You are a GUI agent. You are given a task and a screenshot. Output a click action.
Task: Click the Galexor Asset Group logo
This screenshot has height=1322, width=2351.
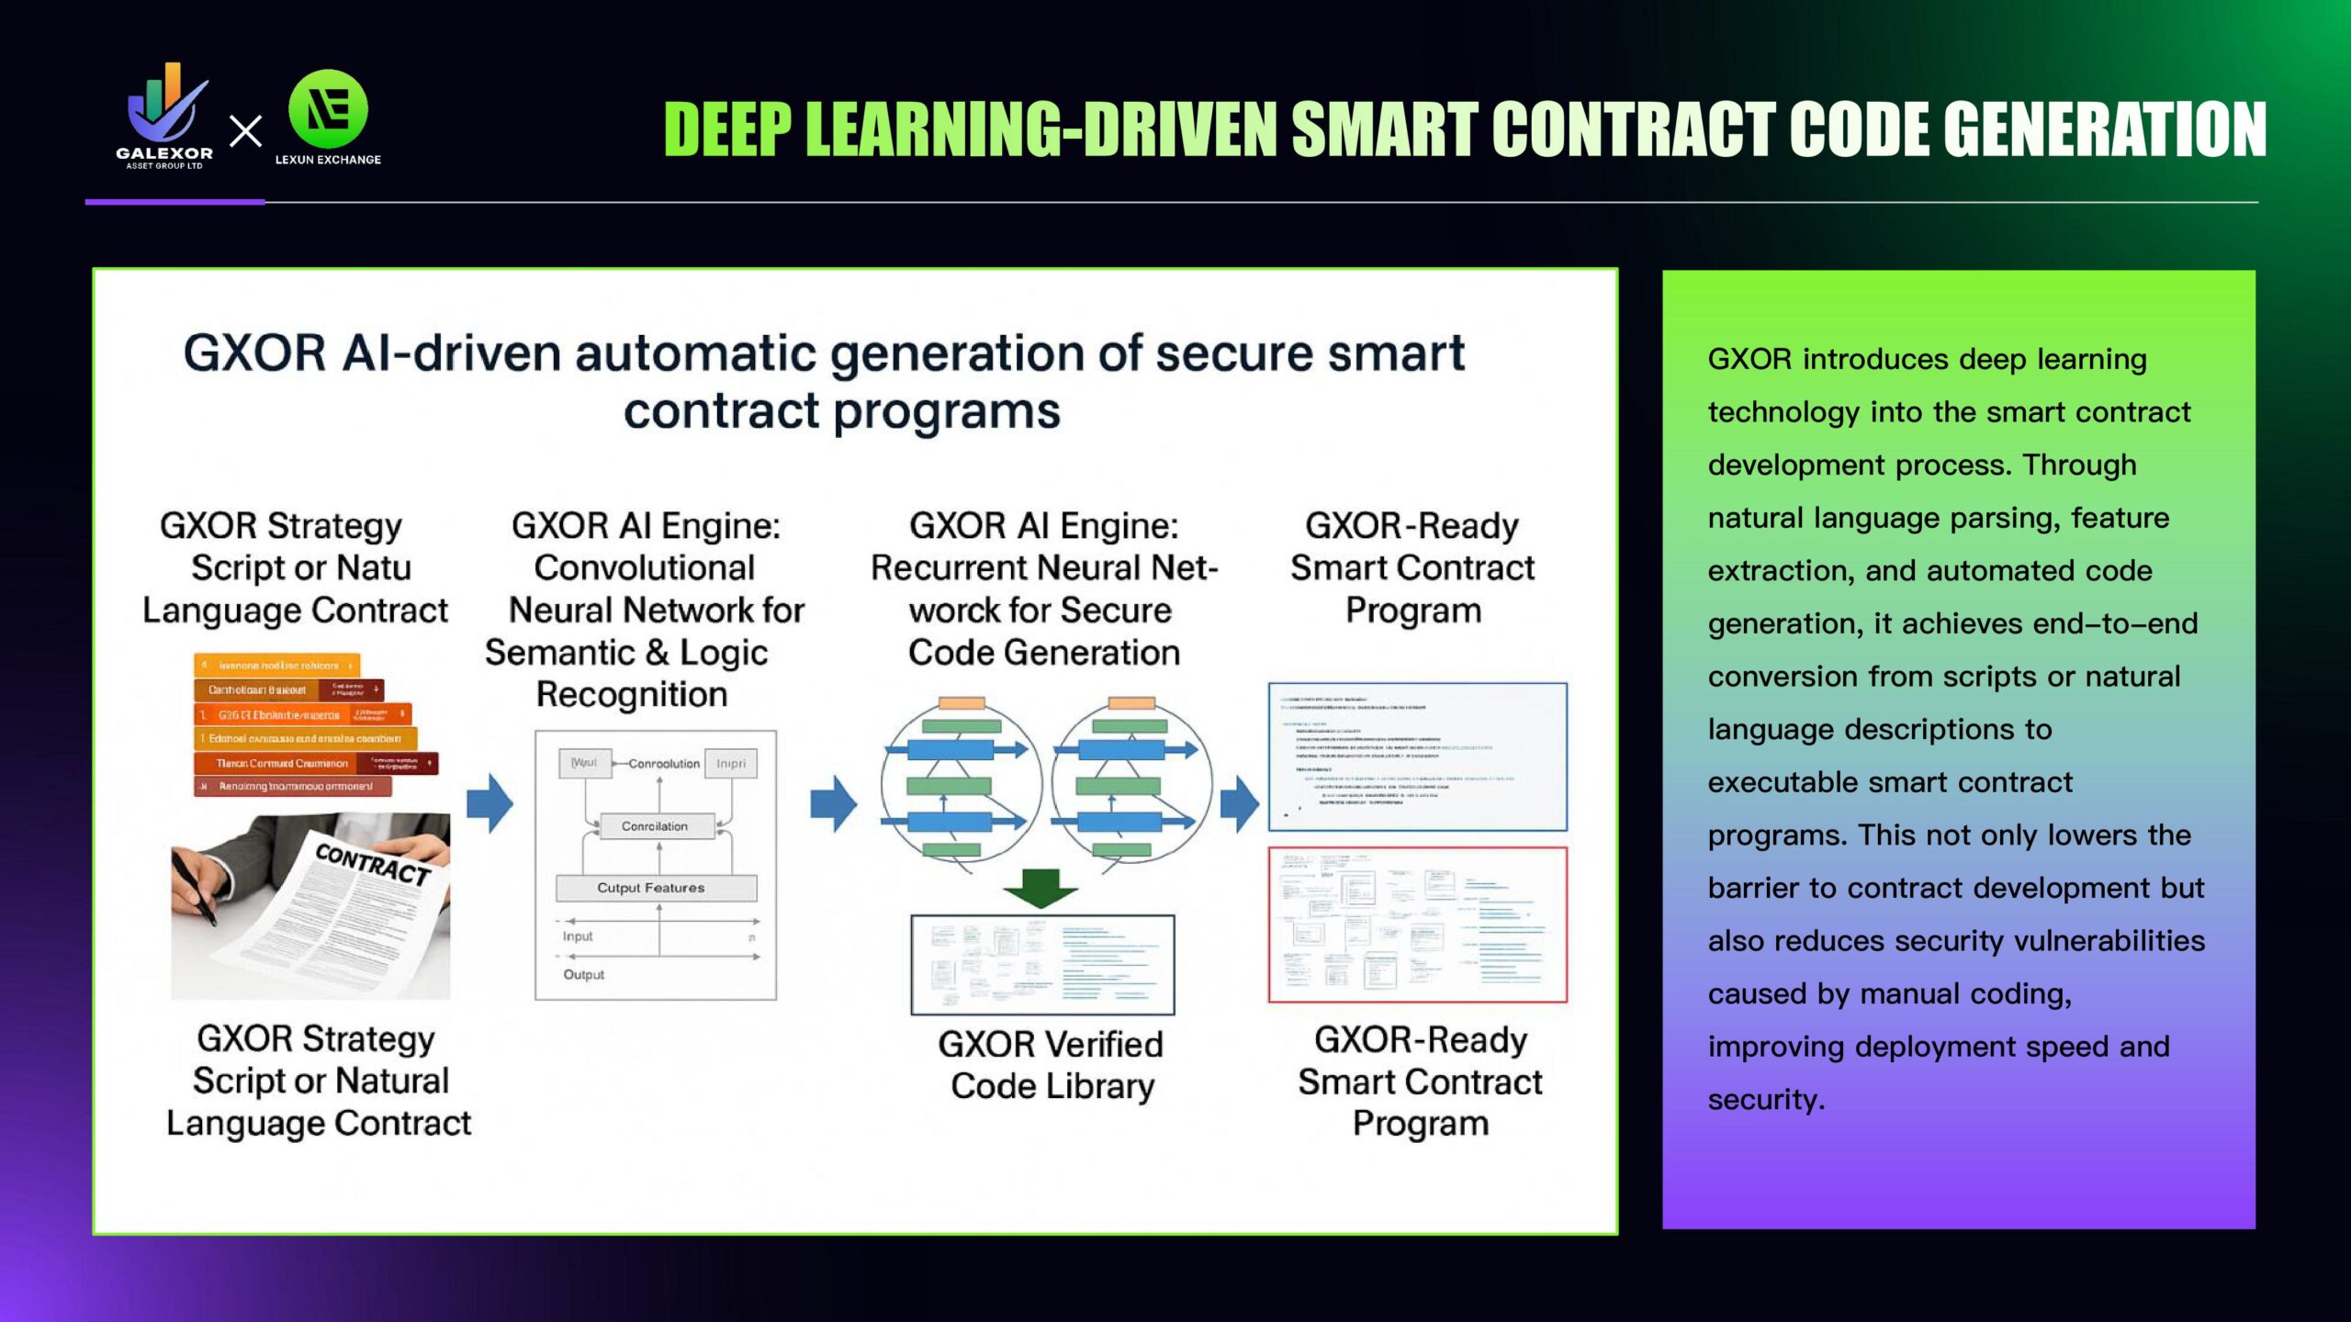[165, 115]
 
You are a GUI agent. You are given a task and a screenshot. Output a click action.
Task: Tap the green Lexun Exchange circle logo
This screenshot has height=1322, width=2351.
[328, 109]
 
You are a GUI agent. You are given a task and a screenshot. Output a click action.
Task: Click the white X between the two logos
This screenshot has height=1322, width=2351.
[245, 131]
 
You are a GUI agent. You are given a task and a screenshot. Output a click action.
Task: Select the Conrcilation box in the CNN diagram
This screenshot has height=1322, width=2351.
[655, 826]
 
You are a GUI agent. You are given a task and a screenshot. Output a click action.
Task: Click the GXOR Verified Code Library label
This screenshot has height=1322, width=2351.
[1051, 1065]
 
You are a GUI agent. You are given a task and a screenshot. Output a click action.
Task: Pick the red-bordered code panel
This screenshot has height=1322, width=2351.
[1417, 924]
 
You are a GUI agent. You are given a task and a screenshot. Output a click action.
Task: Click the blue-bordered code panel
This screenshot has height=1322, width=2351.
[1417, 756]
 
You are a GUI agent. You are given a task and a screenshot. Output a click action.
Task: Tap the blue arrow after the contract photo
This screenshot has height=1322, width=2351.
[490, 803]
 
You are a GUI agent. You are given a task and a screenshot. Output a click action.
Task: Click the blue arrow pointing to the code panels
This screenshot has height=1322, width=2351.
[1240, 803]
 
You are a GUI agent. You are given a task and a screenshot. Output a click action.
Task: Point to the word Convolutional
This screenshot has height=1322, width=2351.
[645, 568]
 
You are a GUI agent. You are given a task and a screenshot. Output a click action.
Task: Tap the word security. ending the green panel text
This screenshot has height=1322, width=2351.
[1766, 1100]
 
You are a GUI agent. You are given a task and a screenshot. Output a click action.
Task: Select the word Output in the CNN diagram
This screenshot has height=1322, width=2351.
[584, 975]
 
